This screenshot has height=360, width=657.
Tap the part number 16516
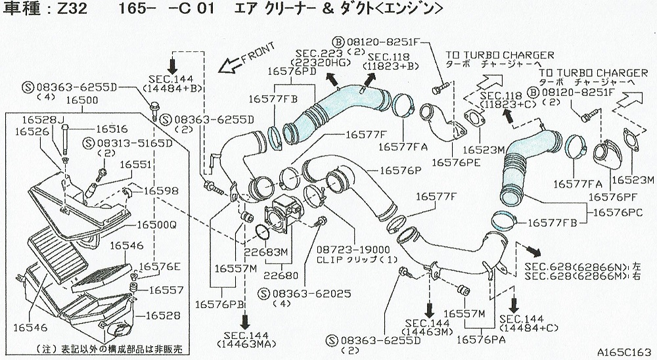pos(112,129)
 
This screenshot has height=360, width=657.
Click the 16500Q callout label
pos(156,224)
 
